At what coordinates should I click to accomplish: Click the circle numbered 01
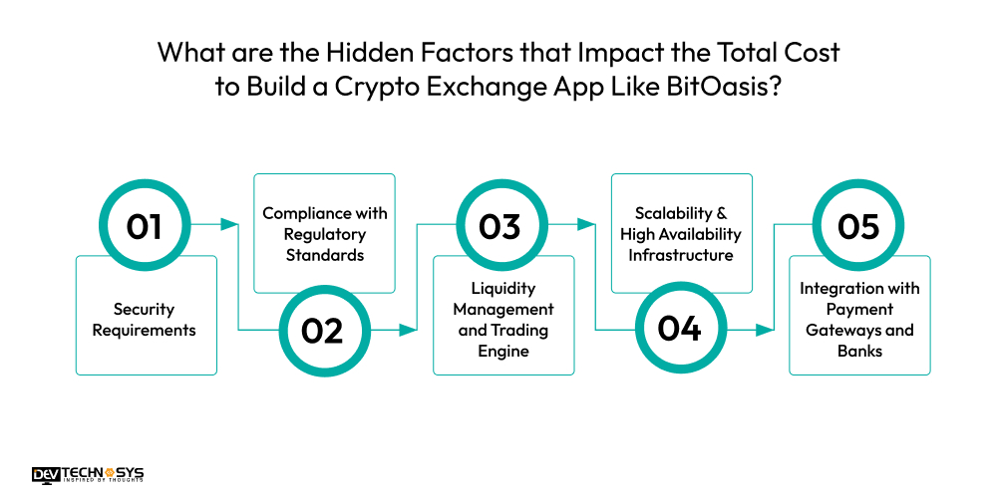[144, 226]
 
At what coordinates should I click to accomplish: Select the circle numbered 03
[499, 226]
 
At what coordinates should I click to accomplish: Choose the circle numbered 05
[857, 226]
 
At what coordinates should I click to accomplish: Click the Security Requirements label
[145, 320]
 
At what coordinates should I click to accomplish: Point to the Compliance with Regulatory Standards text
[325, 234]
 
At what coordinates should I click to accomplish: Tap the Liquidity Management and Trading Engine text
[503, 320]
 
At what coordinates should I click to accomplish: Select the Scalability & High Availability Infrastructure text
[681, 234]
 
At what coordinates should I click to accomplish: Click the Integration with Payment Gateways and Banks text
[859, 320]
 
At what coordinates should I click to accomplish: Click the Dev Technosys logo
[88, 475]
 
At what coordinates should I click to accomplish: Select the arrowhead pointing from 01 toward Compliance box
[234, 226]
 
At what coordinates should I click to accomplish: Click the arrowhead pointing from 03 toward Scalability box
[591, 226]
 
